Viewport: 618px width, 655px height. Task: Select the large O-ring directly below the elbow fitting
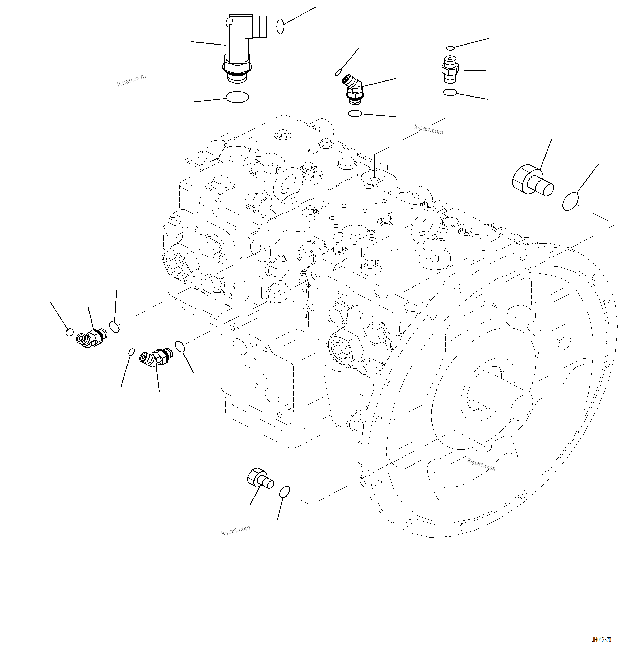pyautogui.click(x=237, y=97)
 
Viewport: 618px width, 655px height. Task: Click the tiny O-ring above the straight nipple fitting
pyautogui.click(x=450, y=48)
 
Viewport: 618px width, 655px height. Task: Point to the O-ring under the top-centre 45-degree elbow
pyautogui.click(x=355, y=113)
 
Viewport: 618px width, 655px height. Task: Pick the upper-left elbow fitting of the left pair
pyautogui.click(x=91, y=337)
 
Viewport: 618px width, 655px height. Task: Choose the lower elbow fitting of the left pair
pyautogui.click(x=154, y=357)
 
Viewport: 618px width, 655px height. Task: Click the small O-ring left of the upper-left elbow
pyautogui.click(x=70, y=332)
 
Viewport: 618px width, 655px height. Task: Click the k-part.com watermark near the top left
pyautogui.click(x=131, y=80)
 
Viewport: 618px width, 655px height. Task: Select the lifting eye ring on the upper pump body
pyautogui.click(x=288, y=183)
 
